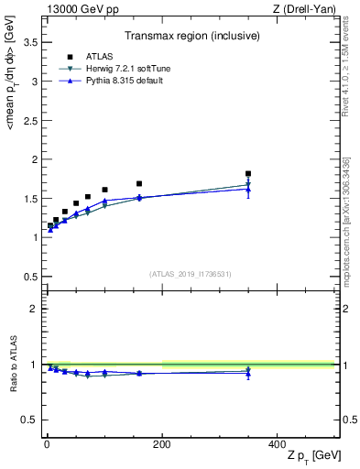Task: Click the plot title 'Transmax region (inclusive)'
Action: [x=191, y=38]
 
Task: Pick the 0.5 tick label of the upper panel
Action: [x=29, y=277]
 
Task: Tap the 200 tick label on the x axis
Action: [x=161, y=442]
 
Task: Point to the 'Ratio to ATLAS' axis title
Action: [x=12, y=365]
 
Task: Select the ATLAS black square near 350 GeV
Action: [x=248, y=173]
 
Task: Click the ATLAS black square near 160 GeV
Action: [x=139, y=183]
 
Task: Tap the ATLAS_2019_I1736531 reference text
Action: [x=191, y=273]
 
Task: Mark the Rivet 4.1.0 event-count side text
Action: [x=346, y=69]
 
